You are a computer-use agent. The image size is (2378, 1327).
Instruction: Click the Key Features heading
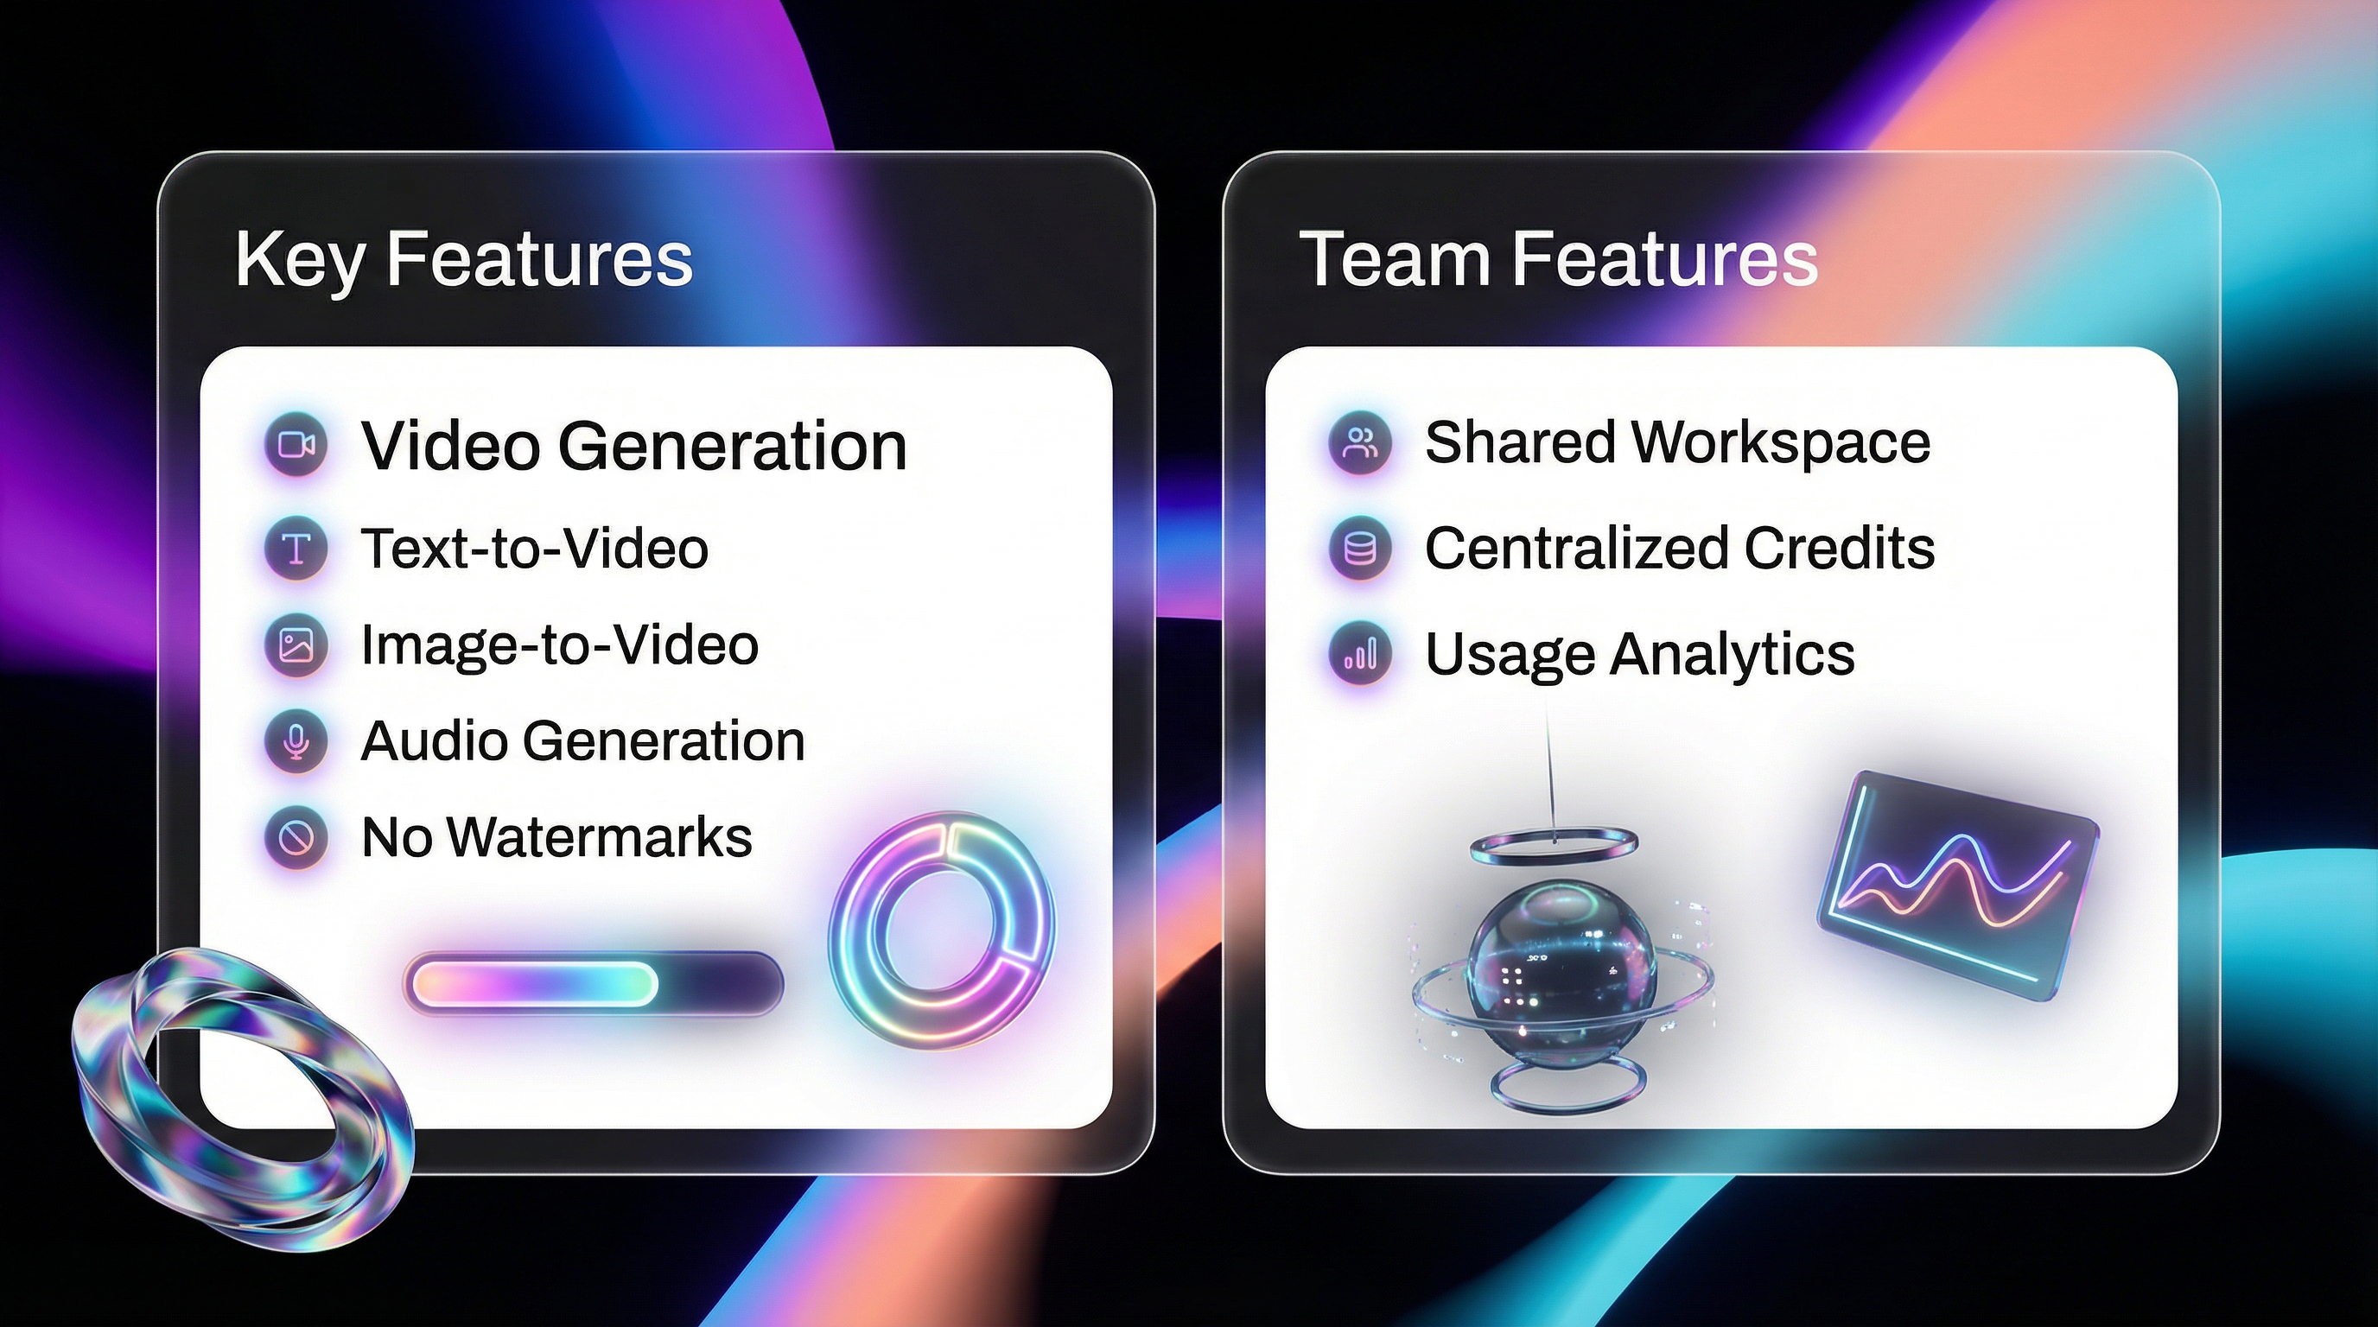coord(463,259)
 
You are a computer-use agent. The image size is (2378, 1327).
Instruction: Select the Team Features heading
coord(1558,259)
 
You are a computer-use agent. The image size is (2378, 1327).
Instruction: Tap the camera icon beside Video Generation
coord(296,445)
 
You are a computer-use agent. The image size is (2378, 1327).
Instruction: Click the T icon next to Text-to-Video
coord(296,548)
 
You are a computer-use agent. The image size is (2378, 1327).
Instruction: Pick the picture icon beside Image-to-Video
coord(296,645)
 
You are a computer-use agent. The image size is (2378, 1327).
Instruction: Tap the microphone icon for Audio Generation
coord(296,741)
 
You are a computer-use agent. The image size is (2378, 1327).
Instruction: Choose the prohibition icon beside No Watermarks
coord(296,838)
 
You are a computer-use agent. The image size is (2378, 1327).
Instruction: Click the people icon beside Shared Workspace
coord(1360,443)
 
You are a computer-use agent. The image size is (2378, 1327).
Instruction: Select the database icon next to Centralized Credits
coord(1360,548)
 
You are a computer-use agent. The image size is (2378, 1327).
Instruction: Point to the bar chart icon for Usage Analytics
coord(1360,654)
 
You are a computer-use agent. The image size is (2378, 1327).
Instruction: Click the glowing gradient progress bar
coord(593,984)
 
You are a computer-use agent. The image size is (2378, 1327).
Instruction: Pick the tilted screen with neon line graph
coord(1957,884)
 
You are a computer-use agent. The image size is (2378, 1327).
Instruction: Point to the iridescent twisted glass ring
coord(242,1098)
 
